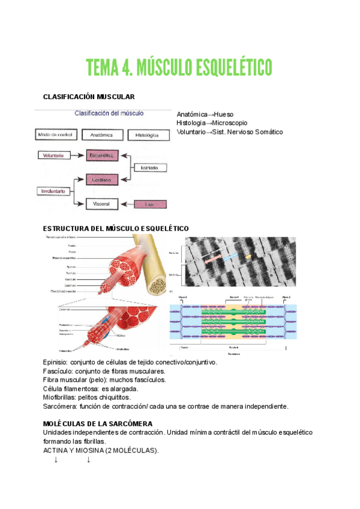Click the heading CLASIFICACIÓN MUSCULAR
pyautogui.click(x=89, y=97)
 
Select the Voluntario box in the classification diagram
pyautogui.click(x=53, y=155)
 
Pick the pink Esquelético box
pyautogui.click(x=101, y=155)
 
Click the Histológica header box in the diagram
pyautogui.click(x=147, y=136)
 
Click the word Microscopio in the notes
pyautogui.click(x=227, y=123)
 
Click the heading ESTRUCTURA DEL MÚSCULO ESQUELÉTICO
pyautogui.click(x=116, y=229)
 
